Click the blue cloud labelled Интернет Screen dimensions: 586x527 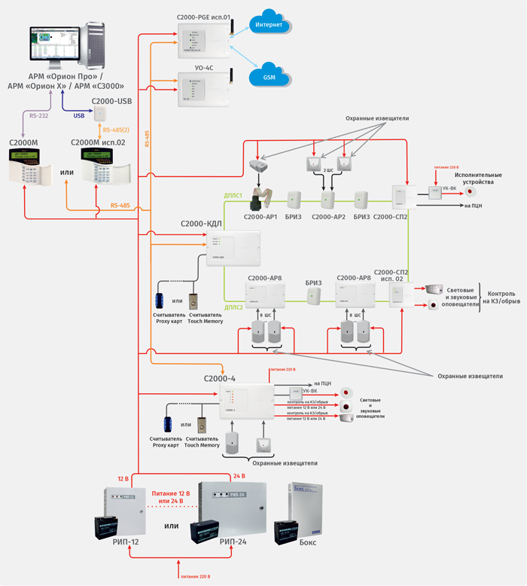(x=269, y=24)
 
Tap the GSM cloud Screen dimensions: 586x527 (x=269, y=77)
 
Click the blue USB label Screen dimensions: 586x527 (x=79, y=116)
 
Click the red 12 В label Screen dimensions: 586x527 (x=123, y=478)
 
